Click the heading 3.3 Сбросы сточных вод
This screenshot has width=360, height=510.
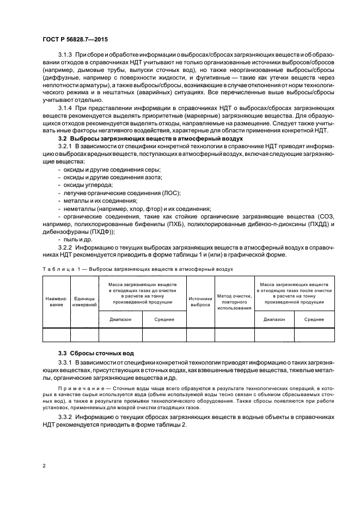coord(92,354)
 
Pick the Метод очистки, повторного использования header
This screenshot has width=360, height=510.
coord(234,302)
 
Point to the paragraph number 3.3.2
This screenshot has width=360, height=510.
coord(66,417)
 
